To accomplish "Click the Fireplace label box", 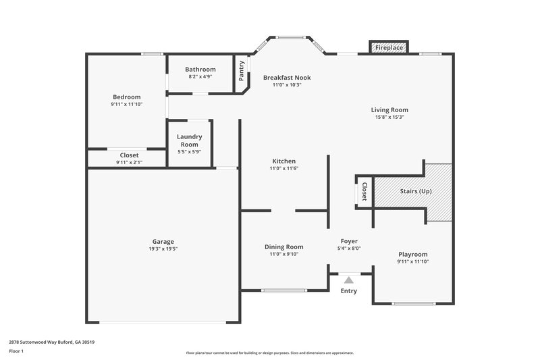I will coord(389,48).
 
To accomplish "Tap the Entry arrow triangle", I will coord(348,279).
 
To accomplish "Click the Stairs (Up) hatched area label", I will coord(416,191).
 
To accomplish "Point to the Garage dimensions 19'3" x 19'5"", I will coord(163,249).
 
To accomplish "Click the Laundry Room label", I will coord(189,140).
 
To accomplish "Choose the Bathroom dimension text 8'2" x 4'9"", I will coord(200,76).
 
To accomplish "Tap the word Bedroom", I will coord(126,97).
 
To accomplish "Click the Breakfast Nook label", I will coord(287,78).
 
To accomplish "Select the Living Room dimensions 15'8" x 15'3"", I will coord(389,117).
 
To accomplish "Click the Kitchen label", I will coord(283,161).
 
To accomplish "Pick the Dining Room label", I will coord(283,247).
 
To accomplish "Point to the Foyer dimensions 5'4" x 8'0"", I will coord(349,248).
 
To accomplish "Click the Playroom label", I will coord(412,254).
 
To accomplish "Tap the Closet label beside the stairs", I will coord(364,191).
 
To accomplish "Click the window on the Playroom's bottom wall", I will coord(412,303).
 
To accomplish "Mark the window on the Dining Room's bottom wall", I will coord(284,291).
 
